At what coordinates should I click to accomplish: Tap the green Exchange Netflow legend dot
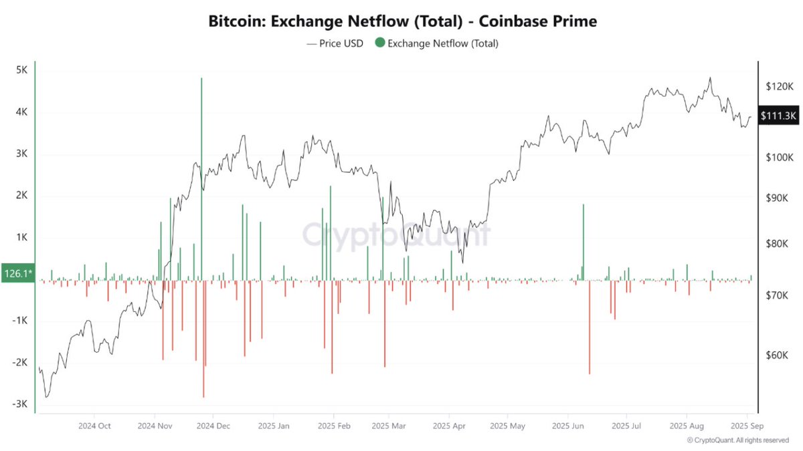click(x=380, y=43)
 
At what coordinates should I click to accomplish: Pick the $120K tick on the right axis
click(x=778, y=86)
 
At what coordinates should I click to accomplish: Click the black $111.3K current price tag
click(x=778, y=116)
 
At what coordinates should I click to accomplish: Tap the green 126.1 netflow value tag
click(x=17, y=273)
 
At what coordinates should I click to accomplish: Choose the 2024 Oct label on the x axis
click(x=95, y=426)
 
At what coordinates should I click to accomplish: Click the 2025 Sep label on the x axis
click(x=747, y=426)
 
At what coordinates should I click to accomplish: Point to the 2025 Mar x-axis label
click(x=389, y=426)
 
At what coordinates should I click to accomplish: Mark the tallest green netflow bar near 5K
click(x=201, y=174)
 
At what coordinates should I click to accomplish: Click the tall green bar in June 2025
click(x=584, y=241)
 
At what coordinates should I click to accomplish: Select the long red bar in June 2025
click(x=590, y=327)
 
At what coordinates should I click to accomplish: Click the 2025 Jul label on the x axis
click(x=628, y=426)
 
